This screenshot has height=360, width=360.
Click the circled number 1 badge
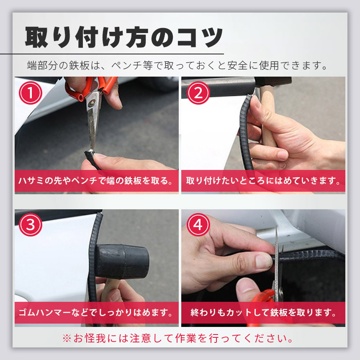[x=31, y=93]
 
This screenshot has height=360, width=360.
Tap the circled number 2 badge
[x=198, y=93]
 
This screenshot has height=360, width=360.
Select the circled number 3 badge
[x=31, y=225]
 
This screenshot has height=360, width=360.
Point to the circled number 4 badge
[x=198, y=225]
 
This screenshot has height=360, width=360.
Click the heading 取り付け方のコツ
[x=124, y=37]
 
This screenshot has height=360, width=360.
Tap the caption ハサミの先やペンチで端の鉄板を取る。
[x=96, y=181]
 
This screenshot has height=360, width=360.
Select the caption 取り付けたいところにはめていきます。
[x=263, y=181]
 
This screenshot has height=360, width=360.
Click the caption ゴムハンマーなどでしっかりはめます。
[x=96, y=313]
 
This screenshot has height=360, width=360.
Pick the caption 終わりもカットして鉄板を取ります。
[x=263, y=313]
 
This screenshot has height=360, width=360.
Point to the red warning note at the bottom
[x=178, y=338]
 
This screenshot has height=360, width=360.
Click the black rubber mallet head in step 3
[x=122, y=262]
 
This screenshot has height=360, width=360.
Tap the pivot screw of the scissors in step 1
[x=93, y=103]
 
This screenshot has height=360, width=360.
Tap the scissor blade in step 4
[x=277, y=264]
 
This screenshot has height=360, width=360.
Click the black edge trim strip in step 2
[x=245, y=132]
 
